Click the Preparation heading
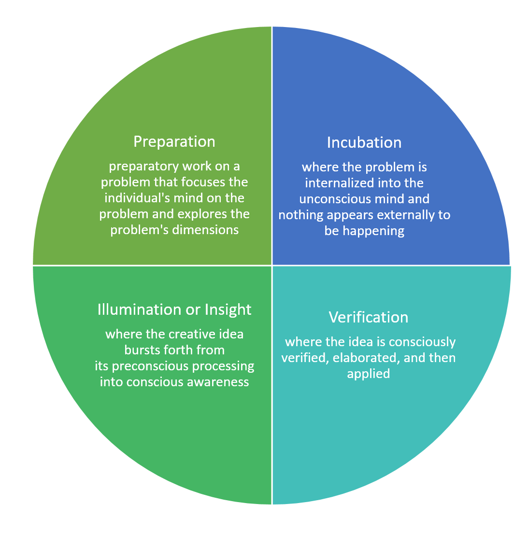coord(174,142)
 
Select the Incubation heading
coord(364,143)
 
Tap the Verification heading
coord(369,318)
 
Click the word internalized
coord(336,183)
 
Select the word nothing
coord(301,215)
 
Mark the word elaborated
coord(366,358)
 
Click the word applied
coord(369,374)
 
